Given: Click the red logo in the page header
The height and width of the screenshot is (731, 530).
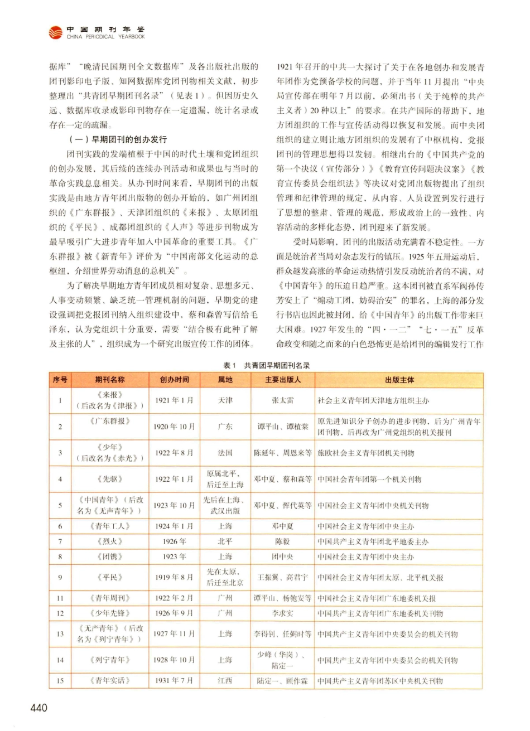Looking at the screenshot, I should pos(56,33).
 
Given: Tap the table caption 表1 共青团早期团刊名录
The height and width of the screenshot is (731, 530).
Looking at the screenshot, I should pos(266,365).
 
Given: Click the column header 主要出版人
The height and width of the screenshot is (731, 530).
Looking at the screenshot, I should pos(283,380).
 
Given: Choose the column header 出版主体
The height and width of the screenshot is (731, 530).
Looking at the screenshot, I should pos(399,380).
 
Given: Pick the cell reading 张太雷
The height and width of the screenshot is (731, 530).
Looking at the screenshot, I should pos(283,400).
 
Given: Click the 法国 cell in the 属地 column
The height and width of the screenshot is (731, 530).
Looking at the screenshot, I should pos(225,453).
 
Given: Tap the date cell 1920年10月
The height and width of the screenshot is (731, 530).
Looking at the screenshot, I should pos(174,427).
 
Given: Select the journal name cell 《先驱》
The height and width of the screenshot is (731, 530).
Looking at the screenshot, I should pos(110,479).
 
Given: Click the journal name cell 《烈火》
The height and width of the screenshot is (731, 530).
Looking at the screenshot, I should pos(110,541).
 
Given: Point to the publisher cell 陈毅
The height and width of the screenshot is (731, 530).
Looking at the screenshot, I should pos(283,541).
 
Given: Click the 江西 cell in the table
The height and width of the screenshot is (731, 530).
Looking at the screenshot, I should pos(225,680).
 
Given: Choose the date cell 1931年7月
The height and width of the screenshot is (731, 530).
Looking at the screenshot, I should pos(174,680).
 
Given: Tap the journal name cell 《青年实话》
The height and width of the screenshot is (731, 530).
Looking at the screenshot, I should pos(110,680).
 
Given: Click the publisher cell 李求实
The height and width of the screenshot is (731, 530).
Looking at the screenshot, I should pos(283,613).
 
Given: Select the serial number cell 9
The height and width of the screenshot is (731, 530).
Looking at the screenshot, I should pos(60,577).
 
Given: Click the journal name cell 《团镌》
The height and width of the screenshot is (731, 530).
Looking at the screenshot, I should pos(110,556).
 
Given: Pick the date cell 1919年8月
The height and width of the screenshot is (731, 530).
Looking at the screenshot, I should pos(174,577).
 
